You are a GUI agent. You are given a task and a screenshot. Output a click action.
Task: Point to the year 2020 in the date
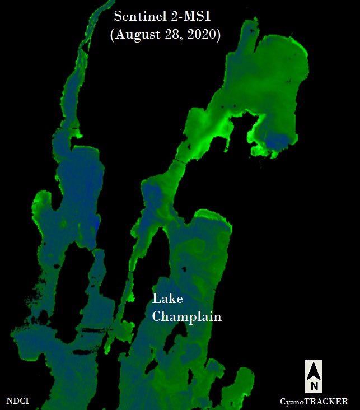click(x=204, y=35)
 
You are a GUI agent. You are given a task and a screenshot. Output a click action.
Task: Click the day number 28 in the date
click(x=174, y=35)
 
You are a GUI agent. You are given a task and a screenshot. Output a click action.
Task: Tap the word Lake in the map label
click(x=167, y=299)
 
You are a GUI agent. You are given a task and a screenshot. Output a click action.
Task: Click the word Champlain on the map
click(x=187, y=317)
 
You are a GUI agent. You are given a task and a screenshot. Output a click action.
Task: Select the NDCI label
click(x=17, y=401)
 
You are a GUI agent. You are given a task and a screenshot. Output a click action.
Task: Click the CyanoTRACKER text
click(x=314, y=402)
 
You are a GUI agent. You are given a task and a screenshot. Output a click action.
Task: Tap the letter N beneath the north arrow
click(x=314, y=386)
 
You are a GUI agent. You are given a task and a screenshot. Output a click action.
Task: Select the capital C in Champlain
click(x=157, y=316)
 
